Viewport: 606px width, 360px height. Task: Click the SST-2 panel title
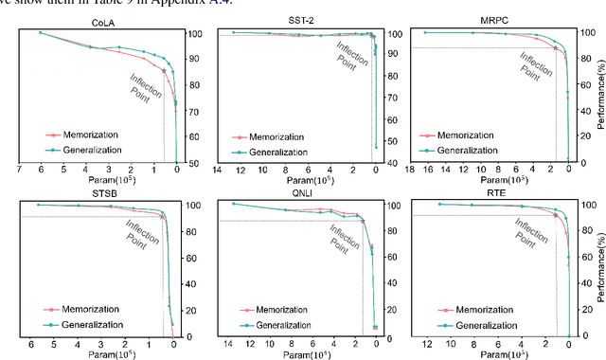coord(302,20)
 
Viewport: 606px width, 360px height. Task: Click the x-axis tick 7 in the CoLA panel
coord(18,171)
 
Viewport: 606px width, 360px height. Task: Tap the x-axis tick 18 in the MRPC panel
coord(409,171)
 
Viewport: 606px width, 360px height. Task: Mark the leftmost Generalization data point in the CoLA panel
coord(40,32)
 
